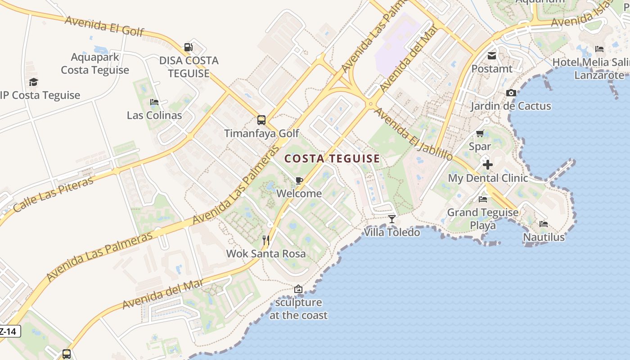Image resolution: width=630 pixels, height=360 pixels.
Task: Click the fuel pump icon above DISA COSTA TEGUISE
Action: click(188, 47)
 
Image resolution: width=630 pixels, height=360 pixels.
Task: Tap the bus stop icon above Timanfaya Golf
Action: click(261, 120)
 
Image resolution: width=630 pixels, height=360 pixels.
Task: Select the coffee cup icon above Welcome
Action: click(299, 181)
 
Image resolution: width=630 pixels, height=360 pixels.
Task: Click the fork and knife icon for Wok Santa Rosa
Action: click(266, 240)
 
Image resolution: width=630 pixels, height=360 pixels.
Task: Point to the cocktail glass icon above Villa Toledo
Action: click(392, 219)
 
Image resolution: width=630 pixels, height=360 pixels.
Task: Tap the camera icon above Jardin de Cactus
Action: click(511, 93)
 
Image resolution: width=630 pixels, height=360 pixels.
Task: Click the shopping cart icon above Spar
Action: click(480, 134)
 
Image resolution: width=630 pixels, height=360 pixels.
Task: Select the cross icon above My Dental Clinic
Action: click(487, 165)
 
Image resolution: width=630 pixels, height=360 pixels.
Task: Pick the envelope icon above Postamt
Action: click(491, 56)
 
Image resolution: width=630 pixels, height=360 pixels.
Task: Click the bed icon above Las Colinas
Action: click(154, 102)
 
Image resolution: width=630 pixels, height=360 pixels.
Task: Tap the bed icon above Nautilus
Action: click(543, 224)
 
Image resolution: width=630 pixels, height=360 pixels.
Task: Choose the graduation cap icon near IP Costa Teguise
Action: click(33, 82)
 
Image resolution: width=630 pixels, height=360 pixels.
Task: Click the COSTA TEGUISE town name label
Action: click(333, 158)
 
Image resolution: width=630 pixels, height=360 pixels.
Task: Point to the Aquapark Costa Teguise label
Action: click(95, 63)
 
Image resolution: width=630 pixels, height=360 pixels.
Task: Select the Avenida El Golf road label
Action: click(104, 26)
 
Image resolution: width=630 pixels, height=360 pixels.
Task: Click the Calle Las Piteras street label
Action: click(53, 194)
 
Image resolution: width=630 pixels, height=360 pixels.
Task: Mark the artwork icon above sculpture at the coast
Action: click(298, 289)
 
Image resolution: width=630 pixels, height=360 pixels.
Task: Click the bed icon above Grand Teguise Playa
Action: click(483, 199)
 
